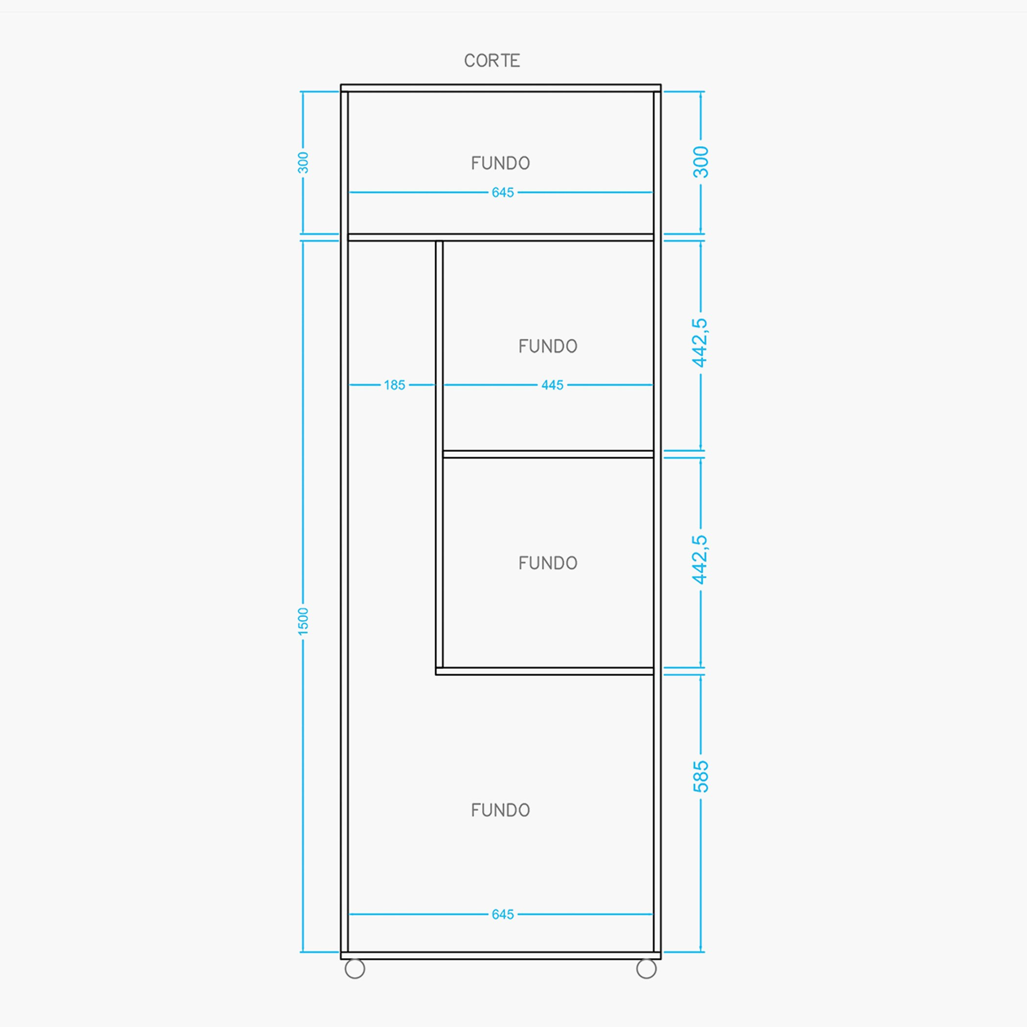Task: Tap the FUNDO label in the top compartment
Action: (500, 163)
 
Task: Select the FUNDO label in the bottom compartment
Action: (500, 810)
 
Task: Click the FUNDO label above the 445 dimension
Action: (548, 346)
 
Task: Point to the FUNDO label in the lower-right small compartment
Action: (548, 563)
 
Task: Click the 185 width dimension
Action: (395, 385)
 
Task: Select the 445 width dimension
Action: (552, 385)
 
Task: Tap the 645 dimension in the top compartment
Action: (503, 192)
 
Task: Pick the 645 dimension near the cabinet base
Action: (503, 915)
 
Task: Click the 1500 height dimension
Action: (303, 622)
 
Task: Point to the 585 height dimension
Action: (701, 777)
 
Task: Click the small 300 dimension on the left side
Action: (303, 163)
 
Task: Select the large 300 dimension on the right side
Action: (701, 162)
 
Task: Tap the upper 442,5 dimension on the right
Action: (700, 343)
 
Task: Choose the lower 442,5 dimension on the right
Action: (700, 560)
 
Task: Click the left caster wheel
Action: (355, 968)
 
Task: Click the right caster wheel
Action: (647, 968)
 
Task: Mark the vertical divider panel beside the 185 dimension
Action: (439, 458)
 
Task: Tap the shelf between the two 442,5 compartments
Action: (548, 454)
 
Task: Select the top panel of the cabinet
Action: (501, 88)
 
